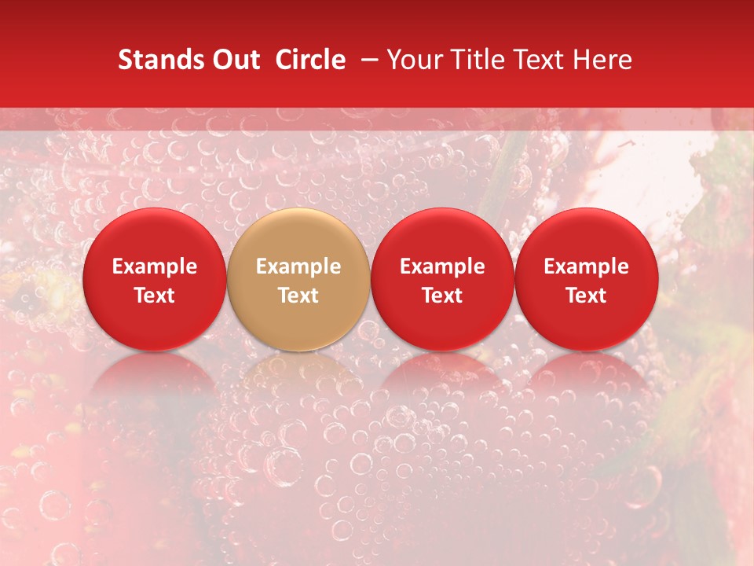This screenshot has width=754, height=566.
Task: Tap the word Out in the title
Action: pyautogui.click(x=235, y=60)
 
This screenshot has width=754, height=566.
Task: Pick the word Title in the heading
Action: pyautogui.click(x=478, y=60)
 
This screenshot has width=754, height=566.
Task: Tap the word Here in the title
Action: pyautogui.click(x=603, y=60)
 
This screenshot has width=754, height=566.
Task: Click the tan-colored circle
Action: pyautogui.click(x=298, y=279)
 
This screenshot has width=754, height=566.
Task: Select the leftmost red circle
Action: pyautogui.click(x=154, y=279)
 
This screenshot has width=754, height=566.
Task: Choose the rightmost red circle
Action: pyautogui.click(x=587, y=279)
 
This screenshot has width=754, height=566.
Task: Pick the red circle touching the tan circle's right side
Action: pyautogui.click(x=442, y=279)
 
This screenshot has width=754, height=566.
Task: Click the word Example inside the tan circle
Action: pyautogui.click(x=298, y=266)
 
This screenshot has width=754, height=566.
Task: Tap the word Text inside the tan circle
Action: pyautogui.click(x=298, y=296)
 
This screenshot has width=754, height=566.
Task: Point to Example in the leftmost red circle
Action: pyautogui.click(x=154, y=266)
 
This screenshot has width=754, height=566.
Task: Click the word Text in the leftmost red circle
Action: pyautogui.click(x=154, y=296)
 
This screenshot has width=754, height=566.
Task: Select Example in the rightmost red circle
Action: pyautogui.click(x=587, y=266)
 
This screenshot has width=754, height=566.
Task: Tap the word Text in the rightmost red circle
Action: pyautogui.click(x=587, y=296)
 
